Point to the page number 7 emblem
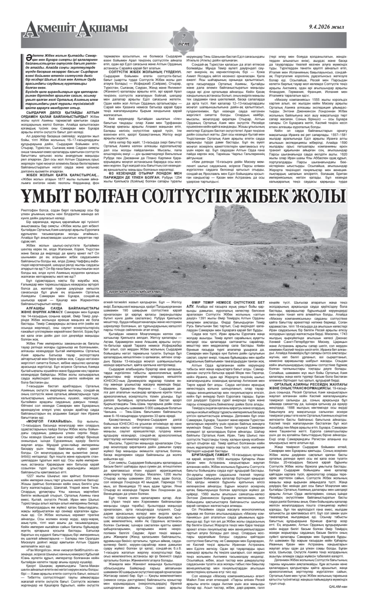pos(184,39)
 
